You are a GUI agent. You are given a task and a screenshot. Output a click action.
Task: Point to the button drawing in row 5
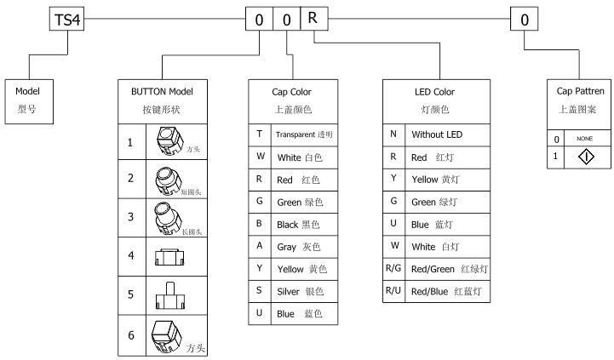[x=170, y=294]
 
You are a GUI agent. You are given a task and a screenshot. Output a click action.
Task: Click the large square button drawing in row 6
[x=167, y=334]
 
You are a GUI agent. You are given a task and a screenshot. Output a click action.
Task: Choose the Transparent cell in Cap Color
[x=303, y=134]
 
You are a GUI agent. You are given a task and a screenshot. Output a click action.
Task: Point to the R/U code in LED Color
[x=393, y=291]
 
